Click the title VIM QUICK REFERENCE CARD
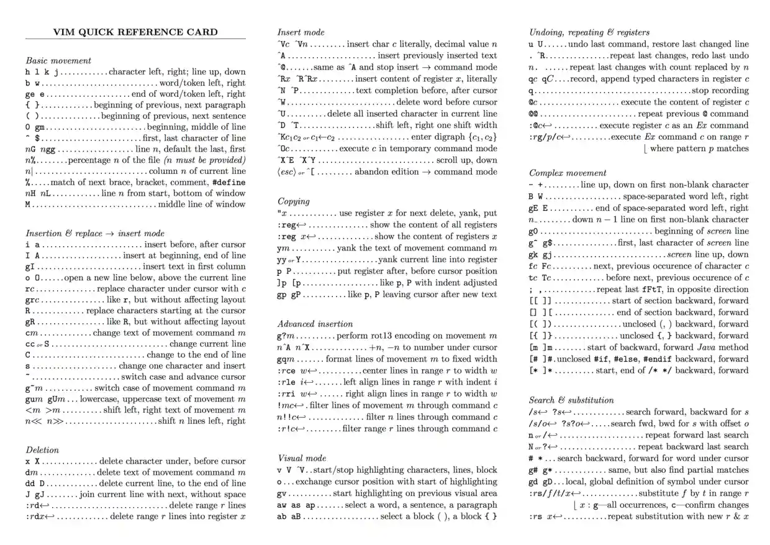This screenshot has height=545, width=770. pos(135,32)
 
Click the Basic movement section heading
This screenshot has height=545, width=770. pos(58,60)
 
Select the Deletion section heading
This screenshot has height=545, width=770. pos(42,449)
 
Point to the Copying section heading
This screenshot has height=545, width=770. pos(293,201)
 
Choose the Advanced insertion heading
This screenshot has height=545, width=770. pos(315,324)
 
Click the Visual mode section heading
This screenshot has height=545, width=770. pos(302,457)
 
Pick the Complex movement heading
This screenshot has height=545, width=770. pos(568,173)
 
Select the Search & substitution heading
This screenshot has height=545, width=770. pos(571,400)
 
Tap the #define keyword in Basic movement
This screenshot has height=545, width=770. pos(229,183)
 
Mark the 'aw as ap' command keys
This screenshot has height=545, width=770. pos(296,505)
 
